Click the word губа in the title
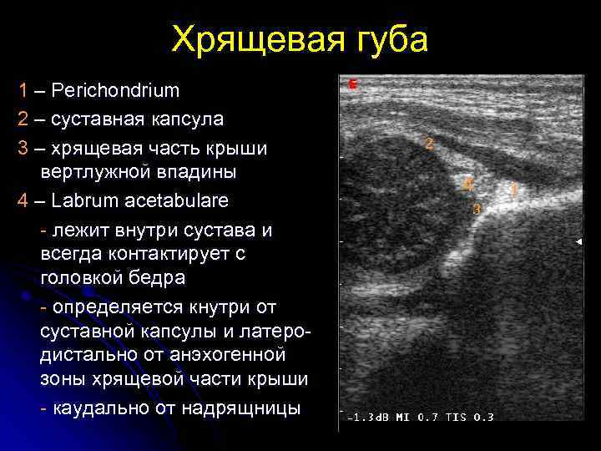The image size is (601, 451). click(383, 39)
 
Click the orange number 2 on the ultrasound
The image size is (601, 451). click(429, 144)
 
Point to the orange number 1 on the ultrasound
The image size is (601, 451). click(513, 190)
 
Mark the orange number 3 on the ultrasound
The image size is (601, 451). click(477, 209)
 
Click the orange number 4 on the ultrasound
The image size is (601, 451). click(468, 183)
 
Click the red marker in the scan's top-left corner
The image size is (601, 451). click(352, 84)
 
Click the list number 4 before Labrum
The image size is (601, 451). click(24, 200)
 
